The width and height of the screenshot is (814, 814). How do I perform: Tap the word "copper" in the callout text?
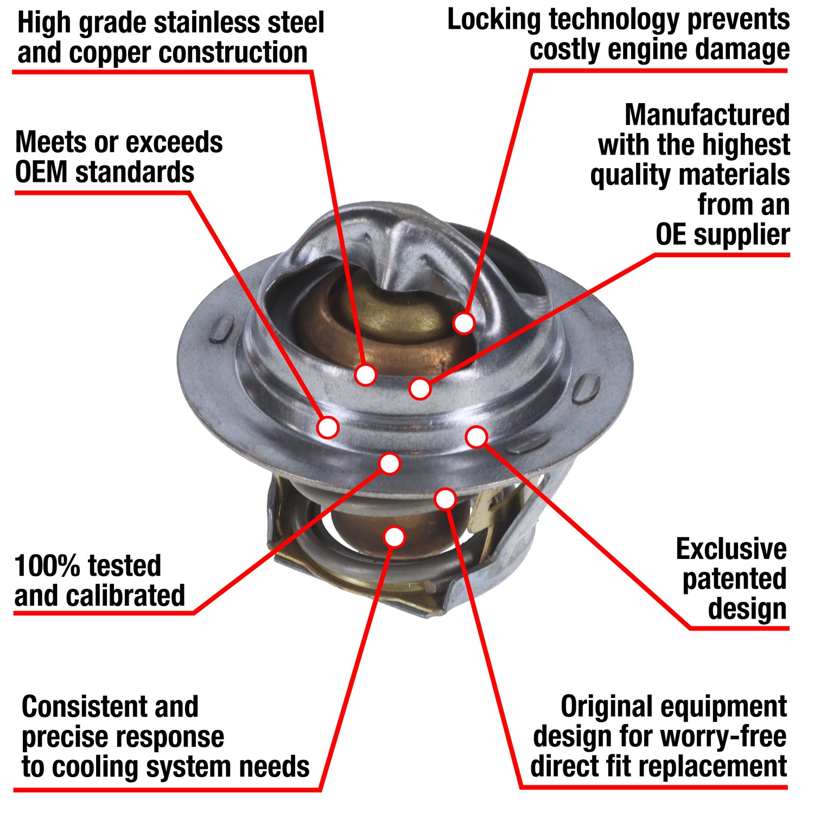pos(111,53)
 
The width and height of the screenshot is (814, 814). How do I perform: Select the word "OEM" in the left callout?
pos(41,173)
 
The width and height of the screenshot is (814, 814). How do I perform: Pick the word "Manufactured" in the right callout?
pos(707,115)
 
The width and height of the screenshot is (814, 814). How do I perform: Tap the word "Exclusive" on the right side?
pos(731,549)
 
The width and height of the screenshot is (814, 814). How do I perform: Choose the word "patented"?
pos(734,579)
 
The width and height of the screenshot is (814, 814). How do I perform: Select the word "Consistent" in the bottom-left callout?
pos(82,707)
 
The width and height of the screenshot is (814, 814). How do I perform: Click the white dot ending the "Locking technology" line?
pos(464,323)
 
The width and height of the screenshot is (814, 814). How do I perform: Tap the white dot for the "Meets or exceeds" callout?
pos(328,427)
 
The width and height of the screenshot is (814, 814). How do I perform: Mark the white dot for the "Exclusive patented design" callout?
pos(476,437)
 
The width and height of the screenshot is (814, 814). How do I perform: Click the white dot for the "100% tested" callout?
pos(390,463)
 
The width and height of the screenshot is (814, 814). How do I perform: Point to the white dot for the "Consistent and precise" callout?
pos(395,537)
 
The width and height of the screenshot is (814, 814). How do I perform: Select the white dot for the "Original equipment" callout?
pos(445,499)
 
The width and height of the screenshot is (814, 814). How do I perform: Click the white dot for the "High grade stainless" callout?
pos(366,374)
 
